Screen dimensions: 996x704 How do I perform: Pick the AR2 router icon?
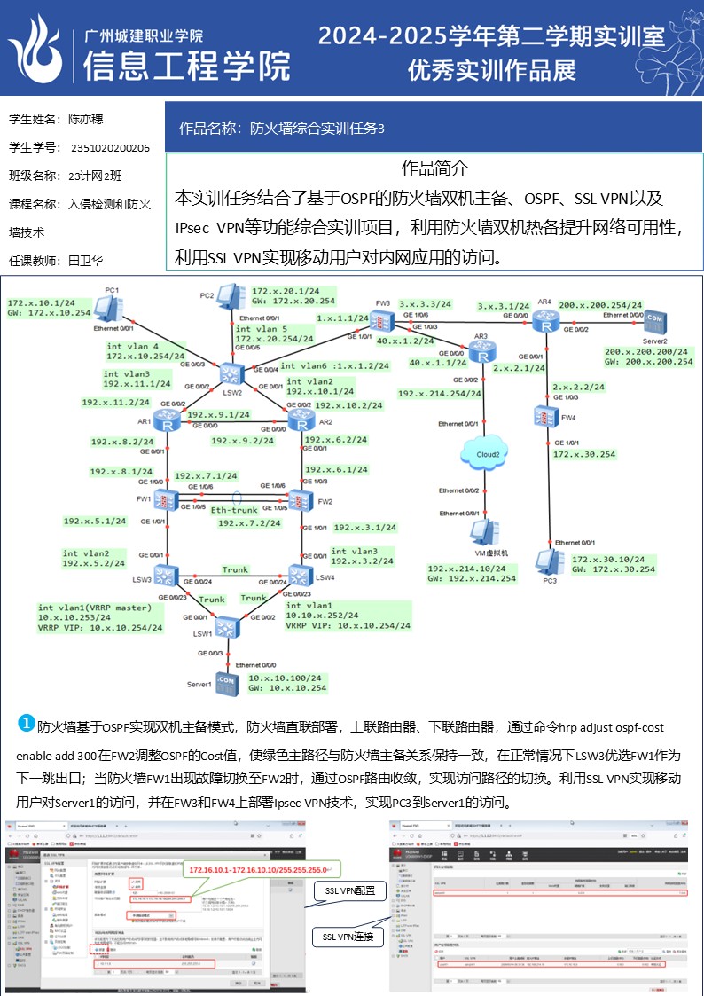(298, 420)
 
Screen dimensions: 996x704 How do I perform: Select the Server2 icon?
(654, 319)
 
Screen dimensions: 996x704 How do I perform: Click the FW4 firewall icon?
(544, 414)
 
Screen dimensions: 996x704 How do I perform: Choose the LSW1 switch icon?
(228, 627)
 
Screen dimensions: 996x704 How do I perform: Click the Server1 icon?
(225, 682)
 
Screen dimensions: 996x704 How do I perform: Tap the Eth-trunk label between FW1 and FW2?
(233, 510)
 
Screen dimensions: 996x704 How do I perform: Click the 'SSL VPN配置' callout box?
(349, 890)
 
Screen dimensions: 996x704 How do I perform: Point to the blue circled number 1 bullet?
(27, 724)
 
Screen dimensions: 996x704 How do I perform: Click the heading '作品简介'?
(434, 168)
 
